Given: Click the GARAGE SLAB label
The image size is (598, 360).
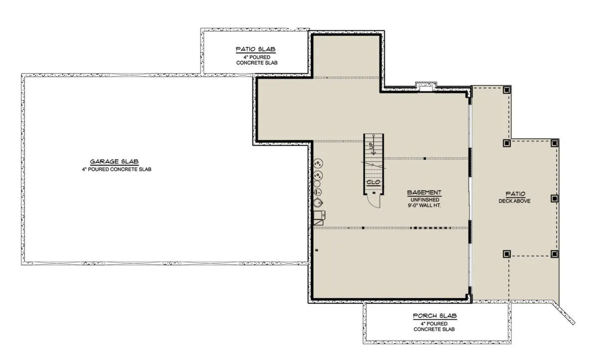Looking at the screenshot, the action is point(114,162).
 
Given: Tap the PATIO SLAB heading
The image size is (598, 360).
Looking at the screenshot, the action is point(256,49).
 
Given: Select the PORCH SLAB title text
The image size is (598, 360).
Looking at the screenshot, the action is point(435,316).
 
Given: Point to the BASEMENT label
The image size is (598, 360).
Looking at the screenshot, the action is point(424,192).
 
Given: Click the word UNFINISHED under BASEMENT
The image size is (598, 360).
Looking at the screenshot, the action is point(425,200).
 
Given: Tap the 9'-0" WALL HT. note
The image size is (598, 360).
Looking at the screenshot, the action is point(424,205).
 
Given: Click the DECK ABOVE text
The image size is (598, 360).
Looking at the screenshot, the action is point(514,201).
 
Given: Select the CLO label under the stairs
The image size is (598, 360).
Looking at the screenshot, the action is point(373,182).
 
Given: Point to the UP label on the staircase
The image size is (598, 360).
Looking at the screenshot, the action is point(371,146).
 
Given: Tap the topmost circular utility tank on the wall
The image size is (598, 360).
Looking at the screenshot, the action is point(318,163).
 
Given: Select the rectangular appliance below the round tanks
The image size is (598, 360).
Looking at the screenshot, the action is point(319,215).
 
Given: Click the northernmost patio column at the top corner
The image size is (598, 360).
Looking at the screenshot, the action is point(507,90).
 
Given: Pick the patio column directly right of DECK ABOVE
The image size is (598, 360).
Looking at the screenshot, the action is point(554,198).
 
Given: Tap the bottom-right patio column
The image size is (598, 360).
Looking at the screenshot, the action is point(554,254).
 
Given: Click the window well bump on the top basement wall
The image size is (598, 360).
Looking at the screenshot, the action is point(426,86).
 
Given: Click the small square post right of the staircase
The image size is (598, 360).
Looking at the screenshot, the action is point(425,159).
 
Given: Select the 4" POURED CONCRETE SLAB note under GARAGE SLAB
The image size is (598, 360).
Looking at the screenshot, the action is point(117,170).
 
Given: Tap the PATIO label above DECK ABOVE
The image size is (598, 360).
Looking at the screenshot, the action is point(515,194).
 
